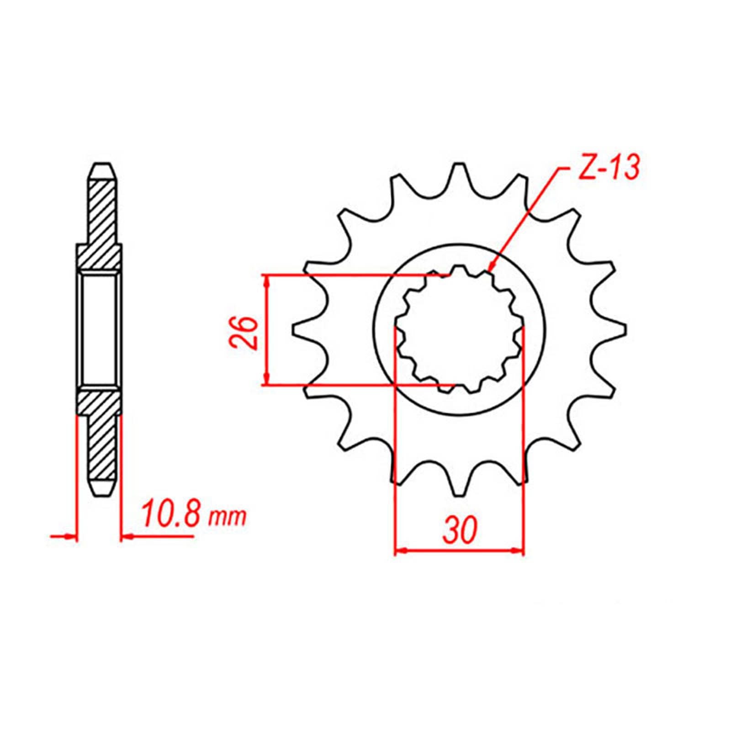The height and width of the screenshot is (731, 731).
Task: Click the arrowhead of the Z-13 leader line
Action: [x=491, y=270]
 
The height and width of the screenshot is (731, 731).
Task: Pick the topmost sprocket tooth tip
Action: [x=458, y=165]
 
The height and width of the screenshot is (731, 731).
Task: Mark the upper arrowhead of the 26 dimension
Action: [x=267, y=280]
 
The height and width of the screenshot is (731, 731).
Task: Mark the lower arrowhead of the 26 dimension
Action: [x=267, y=380]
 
